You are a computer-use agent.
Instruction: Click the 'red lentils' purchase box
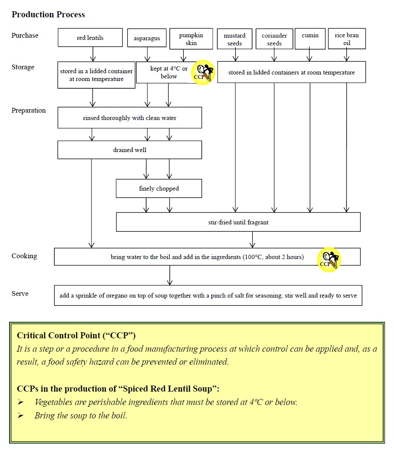point(90,38)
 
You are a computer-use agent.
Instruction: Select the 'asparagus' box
point(147,38)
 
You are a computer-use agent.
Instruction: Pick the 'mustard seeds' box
point(234,39)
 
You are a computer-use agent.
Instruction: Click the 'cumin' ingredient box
point(310,39)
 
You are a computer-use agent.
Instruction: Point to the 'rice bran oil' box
point(347,39)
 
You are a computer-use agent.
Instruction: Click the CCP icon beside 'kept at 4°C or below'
point(203,72)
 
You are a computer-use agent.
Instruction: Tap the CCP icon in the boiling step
point(329,259)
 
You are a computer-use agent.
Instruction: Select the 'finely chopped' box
point(159,188)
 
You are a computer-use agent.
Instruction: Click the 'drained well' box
point(130,150)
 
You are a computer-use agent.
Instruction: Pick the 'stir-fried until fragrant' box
point(238,222)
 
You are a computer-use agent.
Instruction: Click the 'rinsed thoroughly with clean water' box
point(130,118)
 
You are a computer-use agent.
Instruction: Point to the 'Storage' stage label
point(23,67)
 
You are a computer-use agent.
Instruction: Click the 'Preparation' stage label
point(28,110)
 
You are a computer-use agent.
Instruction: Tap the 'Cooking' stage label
point(24,256)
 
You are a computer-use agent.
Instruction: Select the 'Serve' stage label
point(20,294)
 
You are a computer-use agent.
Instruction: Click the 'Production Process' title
point(48,15)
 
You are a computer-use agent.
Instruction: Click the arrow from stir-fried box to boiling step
point(252,240)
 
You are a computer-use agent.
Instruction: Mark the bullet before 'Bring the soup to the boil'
point(21,415)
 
